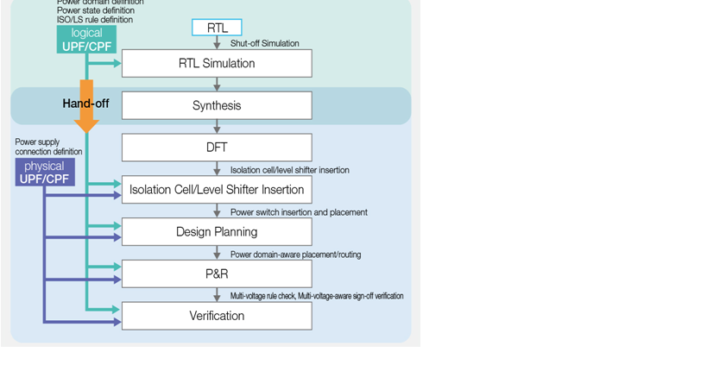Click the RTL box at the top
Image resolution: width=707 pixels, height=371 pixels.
(217, 28)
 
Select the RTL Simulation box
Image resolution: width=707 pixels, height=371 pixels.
(217, 63)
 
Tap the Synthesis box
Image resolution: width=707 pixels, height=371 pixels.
(217, 105)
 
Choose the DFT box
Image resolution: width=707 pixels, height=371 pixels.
(217, 148)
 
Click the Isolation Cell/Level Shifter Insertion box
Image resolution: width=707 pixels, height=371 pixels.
(217, 190)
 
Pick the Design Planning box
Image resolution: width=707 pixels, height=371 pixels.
(217, 231)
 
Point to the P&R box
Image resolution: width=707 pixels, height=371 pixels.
(217, 274)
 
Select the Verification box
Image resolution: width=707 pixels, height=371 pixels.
(217, 316)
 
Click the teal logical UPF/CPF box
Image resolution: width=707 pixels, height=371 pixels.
(86, 40)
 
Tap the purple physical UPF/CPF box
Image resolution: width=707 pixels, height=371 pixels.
(44, 172)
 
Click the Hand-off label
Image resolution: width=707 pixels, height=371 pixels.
(85, 104)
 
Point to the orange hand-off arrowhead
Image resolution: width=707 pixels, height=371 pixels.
(86, 125)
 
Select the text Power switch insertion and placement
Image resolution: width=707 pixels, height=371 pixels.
(299, 212)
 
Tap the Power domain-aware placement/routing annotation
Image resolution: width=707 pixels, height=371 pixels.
(295, 255)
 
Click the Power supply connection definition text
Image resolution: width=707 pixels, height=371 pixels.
(48, 147)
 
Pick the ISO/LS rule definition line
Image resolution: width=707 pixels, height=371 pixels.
(95, 19)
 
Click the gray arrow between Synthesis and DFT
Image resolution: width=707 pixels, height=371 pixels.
(217, 126)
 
